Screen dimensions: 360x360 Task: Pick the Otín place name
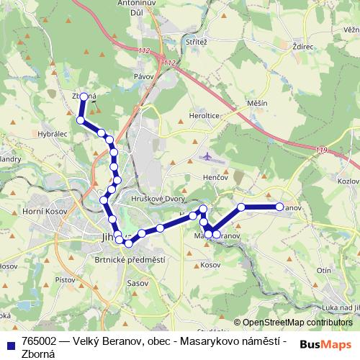[323, 270]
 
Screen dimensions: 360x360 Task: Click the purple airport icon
[208, 156]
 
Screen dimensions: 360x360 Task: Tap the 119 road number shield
[320, 150]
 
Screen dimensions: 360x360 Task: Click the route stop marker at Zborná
[84, 96]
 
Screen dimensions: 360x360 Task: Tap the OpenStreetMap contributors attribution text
[297, 323]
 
